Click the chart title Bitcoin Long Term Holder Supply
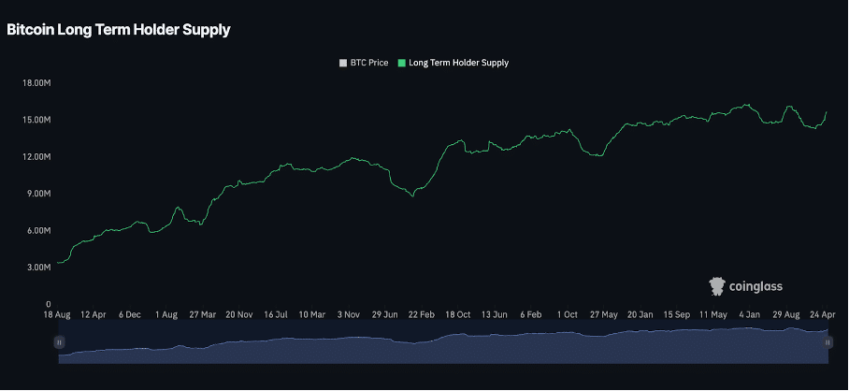pyautogui.click(x=118, y=30)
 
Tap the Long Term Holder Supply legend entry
pyautogui.click(x=458, y=63)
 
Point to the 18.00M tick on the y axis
pyautogui.click(x=35, y=83)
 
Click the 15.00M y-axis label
pyautogui.click(x=35, y=120)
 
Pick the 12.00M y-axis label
pyautogui.click(x=35, y=157)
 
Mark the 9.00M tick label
pyautogui.click(x=36, y=194)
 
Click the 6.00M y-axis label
pyautogui.click(x=36, y=231)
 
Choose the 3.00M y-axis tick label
pyautogui.click(x=36, y=268)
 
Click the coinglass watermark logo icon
pyautogui.click(x=717, y=286)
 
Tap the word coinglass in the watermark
pyautogui.click(x=756, y=286)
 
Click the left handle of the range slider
pyautogui.click(x=59, y=343)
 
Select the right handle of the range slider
pyautogui.click(x=828, y=343)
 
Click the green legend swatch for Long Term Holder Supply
pyautogui.click(x=402, y=63)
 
